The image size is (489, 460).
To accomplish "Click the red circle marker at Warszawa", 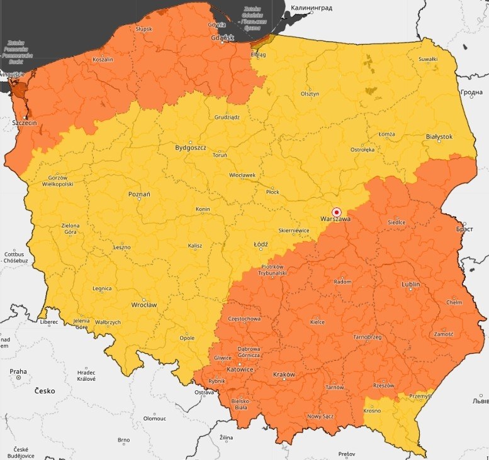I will pos(336,212).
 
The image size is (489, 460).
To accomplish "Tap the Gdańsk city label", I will pos(223,38).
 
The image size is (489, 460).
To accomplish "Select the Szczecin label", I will pos(24,124).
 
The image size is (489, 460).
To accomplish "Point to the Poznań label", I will pos(139,195).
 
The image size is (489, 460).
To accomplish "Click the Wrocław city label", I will pos(144,305).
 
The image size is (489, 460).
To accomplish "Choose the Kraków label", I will pos(284,375).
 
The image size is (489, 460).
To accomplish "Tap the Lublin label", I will pos(410,284).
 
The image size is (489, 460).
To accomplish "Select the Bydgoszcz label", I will pos(191,148).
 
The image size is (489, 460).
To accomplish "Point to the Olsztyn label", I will pos(310,94).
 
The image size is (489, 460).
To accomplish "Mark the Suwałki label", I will pos(428,60).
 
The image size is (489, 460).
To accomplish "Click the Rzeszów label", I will pos(383,385).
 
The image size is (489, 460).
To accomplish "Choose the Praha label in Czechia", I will pos(18,371).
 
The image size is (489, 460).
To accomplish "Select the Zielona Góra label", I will pos(70,229).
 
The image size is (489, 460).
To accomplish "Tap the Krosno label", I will pos(372,411).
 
